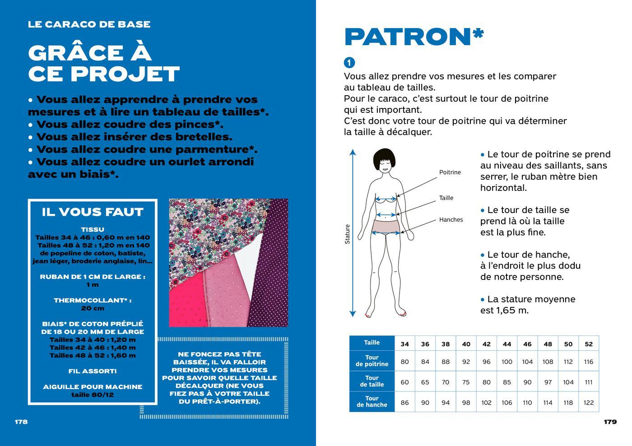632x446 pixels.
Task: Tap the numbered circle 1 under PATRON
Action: (x=349, y=62)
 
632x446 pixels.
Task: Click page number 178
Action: (x=21, y=422)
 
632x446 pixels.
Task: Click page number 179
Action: (x=610, y=422)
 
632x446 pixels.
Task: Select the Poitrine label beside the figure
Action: (x=450, y=172)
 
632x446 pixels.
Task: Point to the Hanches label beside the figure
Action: (x=451, y=220)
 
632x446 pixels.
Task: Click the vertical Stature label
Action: (x=348, y=234)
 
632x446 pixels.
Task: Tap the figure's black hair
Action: (x=384, y=156)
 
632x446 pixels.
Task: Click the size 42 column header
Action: (x=486, y=344)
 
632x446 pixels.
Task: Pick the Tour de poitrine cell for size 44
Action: (x=507, y=362)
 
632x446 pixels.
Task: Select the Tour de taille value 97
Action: (x=548, y=382)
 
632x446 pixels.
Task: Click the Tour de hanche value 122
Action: (x=589, y=403)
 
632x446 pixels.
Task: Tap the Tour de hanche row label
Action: (x=372, y=402)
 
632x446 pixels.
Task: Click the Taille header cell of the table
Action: (x=372, y=343)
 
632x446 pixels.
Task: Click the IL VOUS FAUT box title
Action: (x=93, y=212)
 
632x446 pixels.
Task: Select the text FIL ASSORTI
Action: (x=93, y=371)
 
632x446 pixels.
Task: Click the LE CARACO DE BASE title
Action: (x=89, y=24)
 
